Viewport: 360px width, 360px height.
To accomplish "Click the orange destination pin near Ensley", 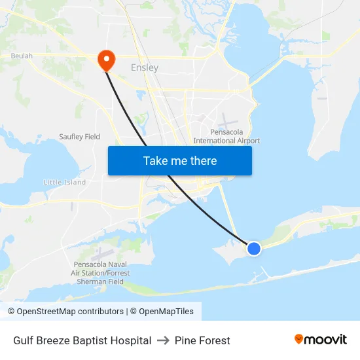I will coord(105,60).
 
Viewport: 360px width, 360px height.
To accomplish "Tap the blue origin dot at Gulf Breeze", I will coord(253,248).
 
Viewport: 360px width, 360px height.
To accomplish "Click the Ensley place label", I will coord(145,67).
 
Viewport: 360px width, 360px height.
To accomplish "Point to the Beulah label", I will coord(22,56).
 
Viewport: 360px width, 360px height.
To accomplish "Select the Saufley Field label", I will coord(79,137).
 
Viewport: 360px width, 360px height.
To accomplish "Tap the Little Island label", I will coord(65,183).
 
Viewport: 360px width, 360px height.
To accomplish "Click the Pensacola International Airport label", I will coord(226,136).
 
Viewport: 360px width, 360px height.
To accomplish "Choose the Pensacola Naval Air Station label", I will coord(100,273).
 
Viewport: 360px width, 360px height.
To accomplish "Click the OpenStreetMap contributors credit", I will coord(70,312).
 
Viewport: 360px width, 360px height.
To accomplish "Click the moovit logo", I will coord(320,339).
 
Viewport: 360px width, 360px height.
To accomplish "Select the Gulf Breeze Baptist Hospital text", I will coord(82,340).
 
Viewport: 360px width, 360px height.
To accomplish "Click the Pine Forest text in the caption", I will coord(202,340).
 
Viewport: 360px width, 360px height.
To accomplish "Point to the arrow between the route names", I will coord(163,340).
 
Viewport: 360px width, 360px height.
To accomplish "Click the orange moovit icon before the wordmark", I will coord(299,339).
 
